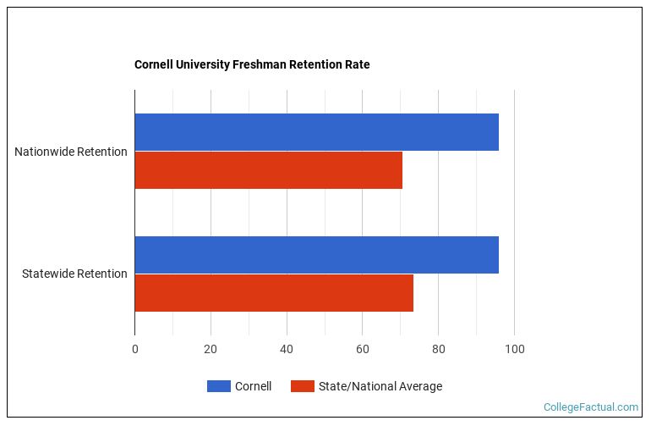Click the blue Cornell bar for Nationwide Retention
click(316, 132)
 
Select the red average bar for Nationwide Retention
click(268, 170)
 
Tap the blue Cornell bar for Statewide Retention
click(316, 255)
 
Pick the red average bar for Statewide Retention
click(274, 293)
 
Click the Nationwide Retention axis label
click(71, 152)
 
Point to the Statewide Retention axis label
click(74, 274)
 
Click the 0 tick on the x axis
click(134, 349)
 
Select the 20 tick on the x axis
click(211, 349)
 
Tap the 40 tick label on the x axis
click(287, 349)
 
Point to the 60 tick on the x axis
click(362, 349)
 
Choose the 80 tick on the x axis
click(438, 349)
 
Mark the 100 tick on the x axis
click(514, 349)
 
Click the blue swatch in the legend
click(218, 386)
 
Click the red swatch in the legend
click(303, 386)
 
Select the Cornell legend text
click(253, 386)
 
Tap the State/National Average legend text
click(380, 386)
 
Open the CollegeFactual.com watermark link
click(590, 407)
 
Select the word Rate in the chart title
click(357, 64)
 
